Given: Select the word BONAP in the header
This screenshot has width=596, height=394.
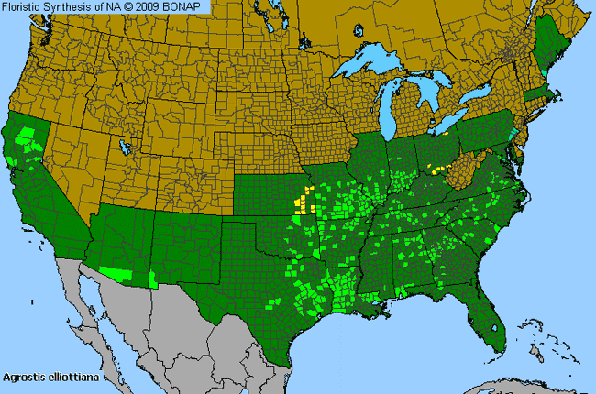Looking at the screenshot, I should pos(187,6).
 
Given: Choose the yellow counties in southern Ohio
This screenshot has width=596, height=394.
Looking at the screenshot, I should pos(436,170).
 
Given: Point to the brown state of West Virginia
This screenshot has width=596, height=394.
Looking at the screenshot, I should pos(464,170).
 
